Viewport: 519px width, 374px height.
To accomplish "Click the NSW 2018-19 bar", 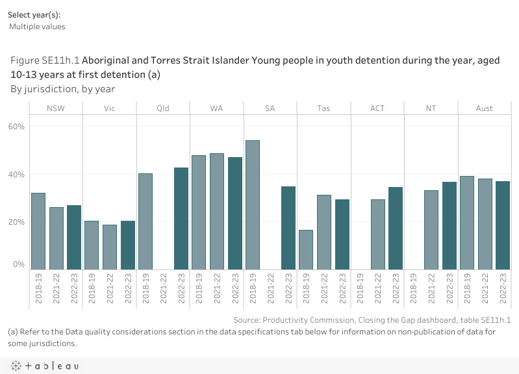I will [x=38, y=231].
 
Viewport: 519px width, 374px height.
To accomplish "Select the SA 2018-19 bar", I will [x=253, y=205].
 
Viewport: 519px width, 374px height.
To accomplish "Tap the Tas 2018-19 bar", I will [x=306, y=249].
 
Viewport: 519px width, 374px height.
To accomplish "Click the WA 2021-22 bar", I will [x=217, y=211].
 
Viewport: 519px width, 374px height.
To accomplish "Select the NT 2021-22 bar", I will [x=431, y=230].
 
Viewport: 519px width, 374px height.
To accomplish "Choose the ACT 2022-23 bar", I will [x=396, y=228].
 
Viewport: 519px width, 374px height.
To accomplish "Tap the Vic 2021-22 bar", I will [x=110, y=247].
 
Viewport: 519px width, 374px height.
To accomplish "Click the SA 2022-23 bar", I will [x=288, y=228].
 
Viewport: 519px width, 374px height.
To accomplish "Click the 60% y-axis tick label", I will [x=16, y=127].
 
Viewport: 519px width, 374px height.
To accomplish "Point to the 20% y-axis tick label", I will [x=16, y=222].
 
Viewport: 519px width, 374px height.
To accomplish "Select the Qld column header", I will [x=163, y=108].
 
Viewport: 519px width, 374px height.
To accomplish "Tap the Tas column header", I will [x=323, y=108].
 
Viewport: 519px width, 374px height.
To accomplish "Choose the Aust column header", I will [x=484, y=108].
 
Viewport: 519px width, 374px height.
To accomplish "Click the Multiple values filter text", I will [x=37, y=27].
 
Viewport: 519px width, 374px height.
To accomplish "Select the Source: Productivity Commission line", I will [x=372, y=320].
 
